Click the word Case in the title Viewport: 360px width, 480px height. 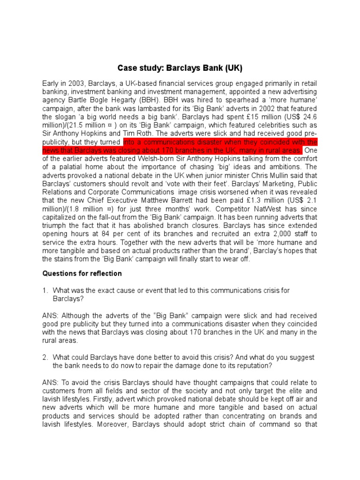pos(127,68)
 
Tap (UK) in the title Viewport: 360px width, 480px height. pos(233,68)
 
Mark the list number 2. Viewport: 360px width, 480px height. pos(45,357)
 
